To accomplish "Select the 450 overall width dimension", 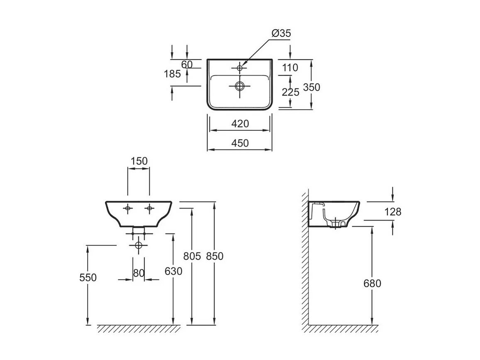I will click(240, 143).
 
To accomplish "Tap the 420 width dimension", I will click(240, 124).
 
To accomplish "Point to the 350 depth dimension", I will click(312, 87).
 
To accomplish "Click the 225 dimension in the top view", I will click(290, 92).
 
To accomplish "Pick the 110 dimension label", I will click(290, 68).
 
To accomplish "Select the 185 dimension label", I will click(172, 74).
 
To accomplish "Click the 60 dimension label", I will click(187, 64).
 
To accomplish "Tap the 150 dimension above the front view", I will click(139, 161).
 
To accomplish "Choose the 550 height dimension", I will click(88, 277).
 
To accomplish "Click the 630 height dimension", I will click(173, 271).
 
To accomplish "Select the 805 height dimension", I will click(192, 256).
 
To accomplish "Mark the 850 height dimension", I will click(214, 256).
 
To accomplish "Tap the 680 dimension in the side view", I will click(372, 284).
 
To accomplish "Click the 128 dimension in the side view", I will click(393, 212).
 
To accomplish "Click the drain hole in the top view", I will click(239, 86).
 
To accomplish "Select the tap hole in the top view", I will click(239, 67).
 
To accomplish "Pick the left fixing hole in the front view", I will click(128, 208).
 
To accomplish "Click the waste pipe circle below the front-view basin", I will click(139, 245).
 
